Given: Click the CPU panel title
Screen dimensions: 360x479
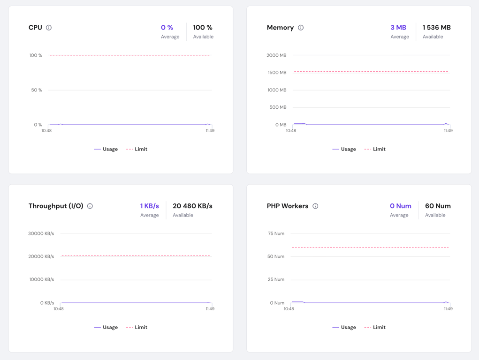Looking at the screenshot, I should (x=35, y=28).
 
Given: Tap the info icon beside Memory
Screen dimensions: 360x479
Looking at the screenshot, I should (x=301, y=28).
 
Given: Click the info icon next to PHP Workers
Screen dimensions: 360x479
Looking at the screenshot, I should (x=315, y=206).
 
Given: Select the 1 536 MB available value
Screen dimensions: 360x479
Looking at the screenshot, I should (x=436, y=28).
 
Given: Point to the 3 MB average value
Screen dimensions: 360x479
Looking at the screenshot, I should (x=398, y=28).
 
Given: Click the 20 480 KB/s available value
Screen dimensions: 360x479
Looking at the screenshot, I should (x=192, y=206).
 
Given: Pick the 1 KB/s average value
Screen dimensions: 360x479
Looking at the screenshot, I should (x=149, y=206).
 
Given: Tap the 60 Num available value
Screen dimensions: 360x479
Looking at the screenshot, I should (x=438, y=206).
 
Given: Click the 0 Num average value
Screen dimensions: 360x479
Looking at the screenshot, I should (x=400, y=206).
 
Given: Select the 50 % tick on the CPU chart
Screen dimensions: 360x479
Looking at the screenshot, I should (x=37, y=90).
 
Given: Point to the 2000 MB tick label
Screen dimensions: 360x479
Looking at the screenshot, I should (x=276, y=55).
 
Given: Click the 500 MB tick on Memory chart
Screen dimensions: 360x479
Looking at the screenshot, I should (x=278, y=107).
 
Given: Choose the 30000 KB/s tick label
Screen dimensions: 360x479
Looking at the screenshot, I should (x=41, y=233).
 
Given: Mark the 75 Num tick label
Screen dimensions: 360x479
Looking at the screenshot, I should (x=276, y=233).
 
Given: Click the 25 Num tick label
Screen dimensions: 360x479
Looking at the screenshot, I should (x=276, y=279).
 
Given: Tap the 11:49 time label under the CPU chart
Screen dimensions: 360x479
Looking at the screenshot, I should (x=210, y=131).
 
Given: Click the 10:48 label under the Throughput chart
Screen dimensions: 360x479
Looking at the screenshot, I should (x=58, y=309).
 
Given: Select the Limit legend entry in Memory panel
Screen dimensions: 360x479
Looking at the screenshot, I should (x=375, y=149).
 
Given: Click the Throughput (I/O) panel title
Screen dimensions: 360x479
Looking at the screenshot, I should (x=56, y=206).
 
